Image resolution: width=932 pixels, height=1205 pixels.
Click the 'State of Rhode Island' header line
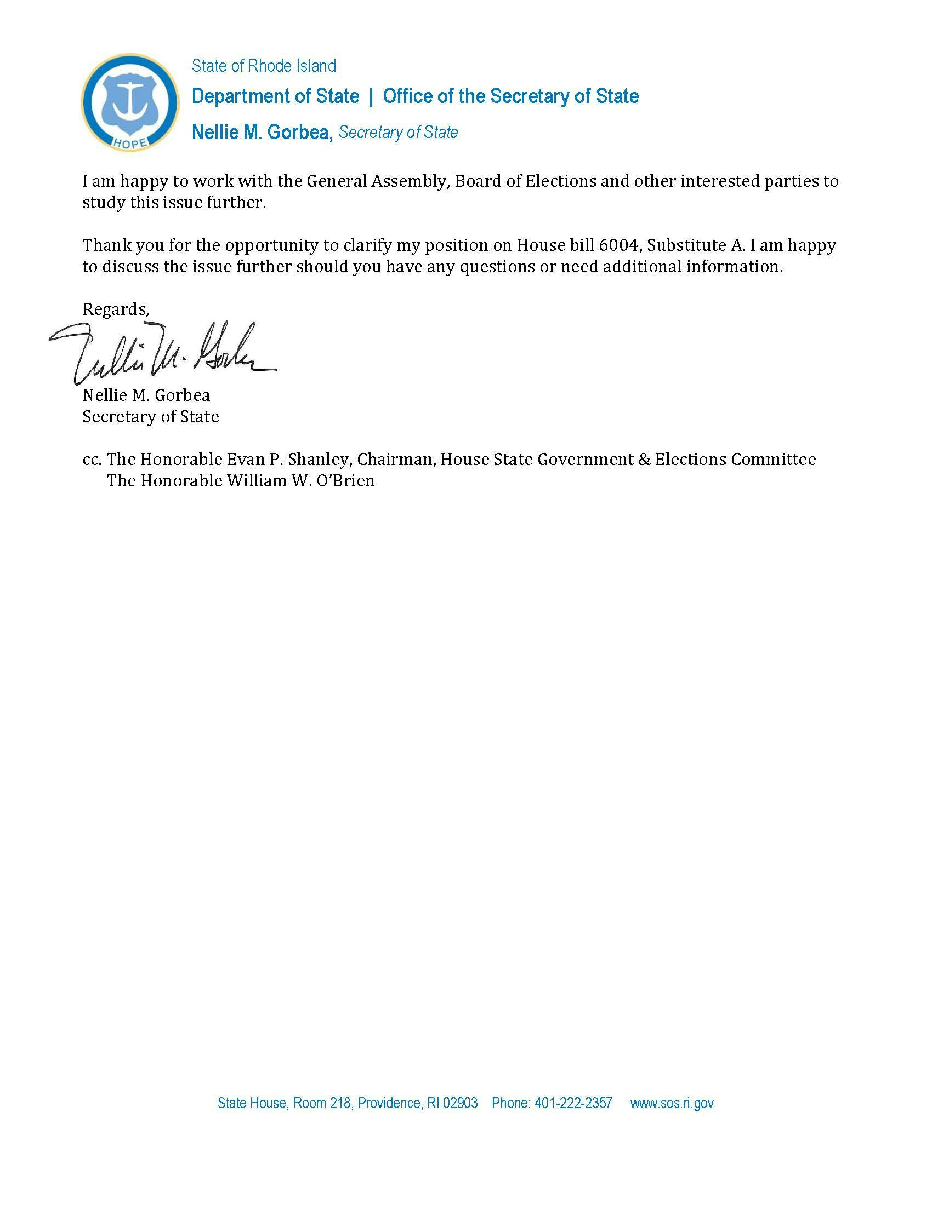(x=263, y=66)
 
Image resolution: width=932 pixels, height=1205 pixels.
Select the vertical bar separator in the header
(x=371, y=96)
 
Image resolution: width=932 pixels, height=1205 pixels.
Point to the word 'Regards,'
(x=115, y=309)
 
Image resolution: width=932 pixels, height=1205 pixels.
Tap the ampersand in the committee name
(x=643, y=459)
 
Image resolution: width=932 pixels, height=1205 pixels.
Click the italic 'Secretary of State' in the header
(x=398, y=133)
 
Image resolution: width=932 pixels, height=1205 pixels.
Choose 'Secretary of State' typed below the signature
(x=150, y=417)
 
